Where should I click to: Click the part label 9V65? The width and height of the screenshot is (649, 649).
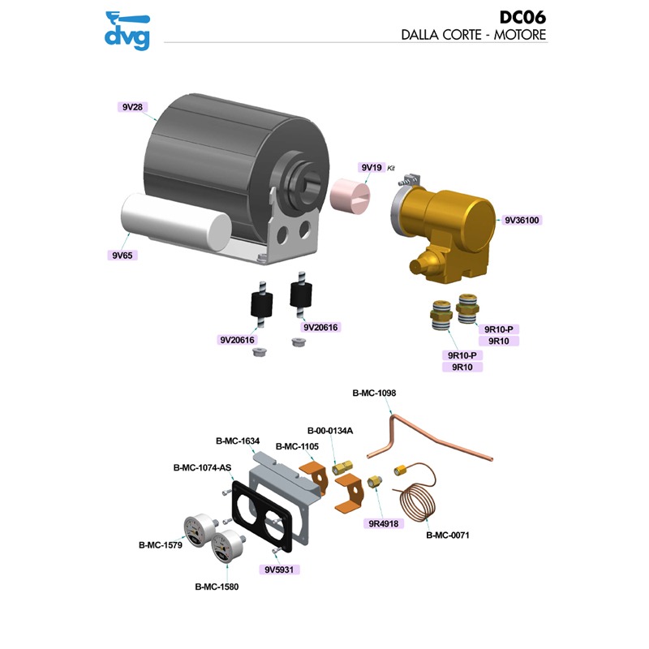pos(122,255)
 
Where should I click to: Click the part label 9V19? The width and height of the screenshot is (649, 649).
pos(371,167)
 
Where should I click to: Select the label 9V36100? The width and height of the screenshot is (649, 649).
pos(522,220)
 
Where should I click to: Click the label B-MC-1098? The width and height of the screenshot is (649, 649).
pos(374,393)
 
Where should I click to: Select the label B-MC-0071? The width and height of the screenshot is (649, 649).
pos(448,535)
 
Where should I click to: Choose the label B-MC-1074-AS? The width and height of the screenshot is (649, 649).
pos(201,467)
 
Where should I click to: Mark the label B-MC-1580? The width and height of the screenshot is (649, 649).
pos(217,586)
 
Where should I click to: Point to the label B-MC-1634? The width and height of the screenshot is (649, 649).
pos(238,441)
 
